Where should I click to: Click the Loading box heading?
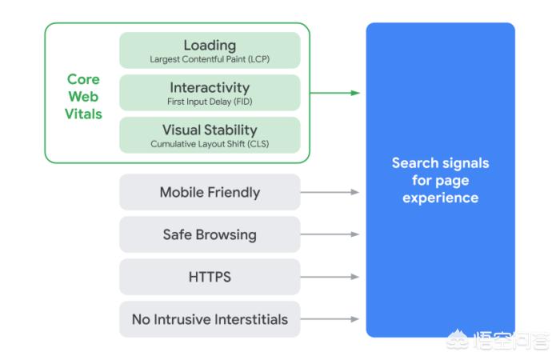[210, 46]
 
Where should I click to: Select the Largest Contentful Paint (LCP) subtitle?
[210, 59]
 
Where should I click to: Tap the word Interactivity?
[210, 87]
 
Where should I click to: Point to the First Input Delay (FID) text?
[210, 102]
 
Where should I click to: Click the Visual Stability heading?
[210, 130]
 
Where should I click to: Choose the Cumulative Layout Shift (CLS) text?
[210, 144]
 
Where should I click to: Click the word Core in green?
[83, 79]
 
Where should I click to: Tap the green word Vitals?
[83, 114]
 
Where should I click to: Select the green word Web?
[83, 97]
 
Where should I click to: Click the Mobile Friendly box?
[210, 192]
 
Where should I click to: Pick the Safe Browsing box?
[210, 234]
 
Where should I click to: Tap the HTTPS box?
[210, 277]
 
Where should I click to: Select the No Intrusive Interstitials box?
[210, 319]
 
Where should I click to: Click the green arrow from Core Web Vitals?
[334, 93]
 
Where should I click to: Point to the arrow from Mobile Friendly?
[330, 192]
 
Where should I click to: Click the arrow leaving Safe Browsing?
[330, 234]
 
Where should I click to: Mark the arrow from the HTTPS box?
[330, 277]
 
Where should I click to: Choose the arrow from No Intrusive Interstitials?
[330, 319]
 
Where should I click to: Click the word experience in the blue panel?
[440, 198]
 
